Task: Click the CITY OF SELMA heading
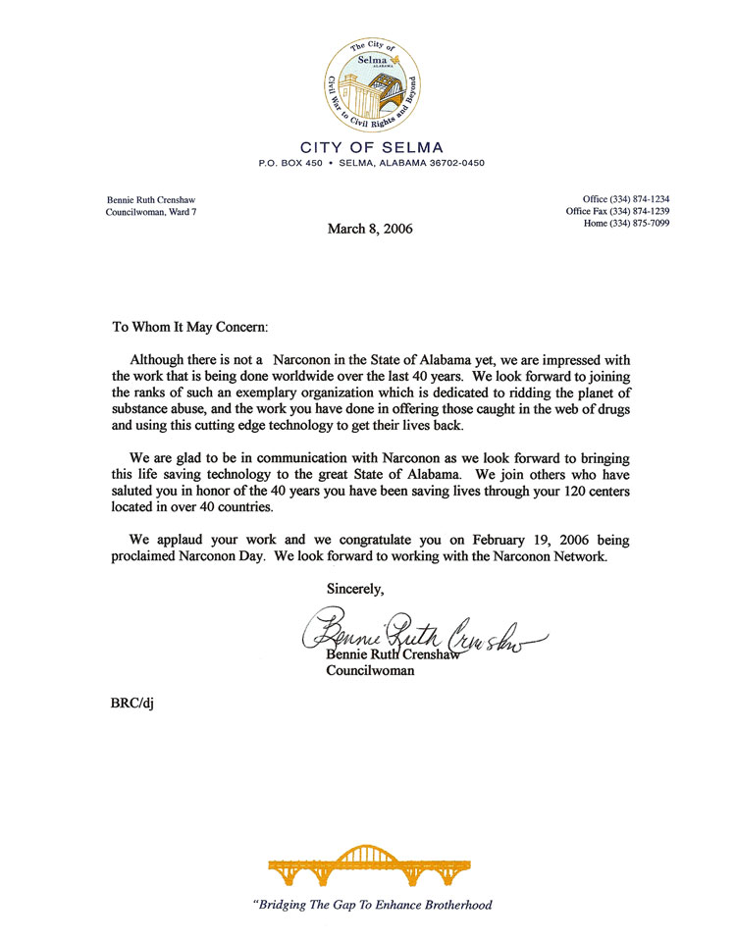click(x=372, y=147)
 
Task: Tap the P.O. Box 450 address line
click(x=372, y=163)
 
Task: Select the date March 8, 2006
click(x=370, y=230)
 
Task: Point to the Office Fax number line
click(x=617, y=211)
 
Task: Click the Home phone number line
click(x=625, y=223)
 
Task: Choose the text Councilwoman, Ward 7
click(x=150, y=212)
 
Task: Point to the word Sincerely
click(x=355, y=590)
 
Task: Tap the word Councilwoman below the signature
click(x=370, y=672)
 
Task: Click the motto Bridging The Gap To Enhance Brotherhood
click(x=372, y=905)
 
